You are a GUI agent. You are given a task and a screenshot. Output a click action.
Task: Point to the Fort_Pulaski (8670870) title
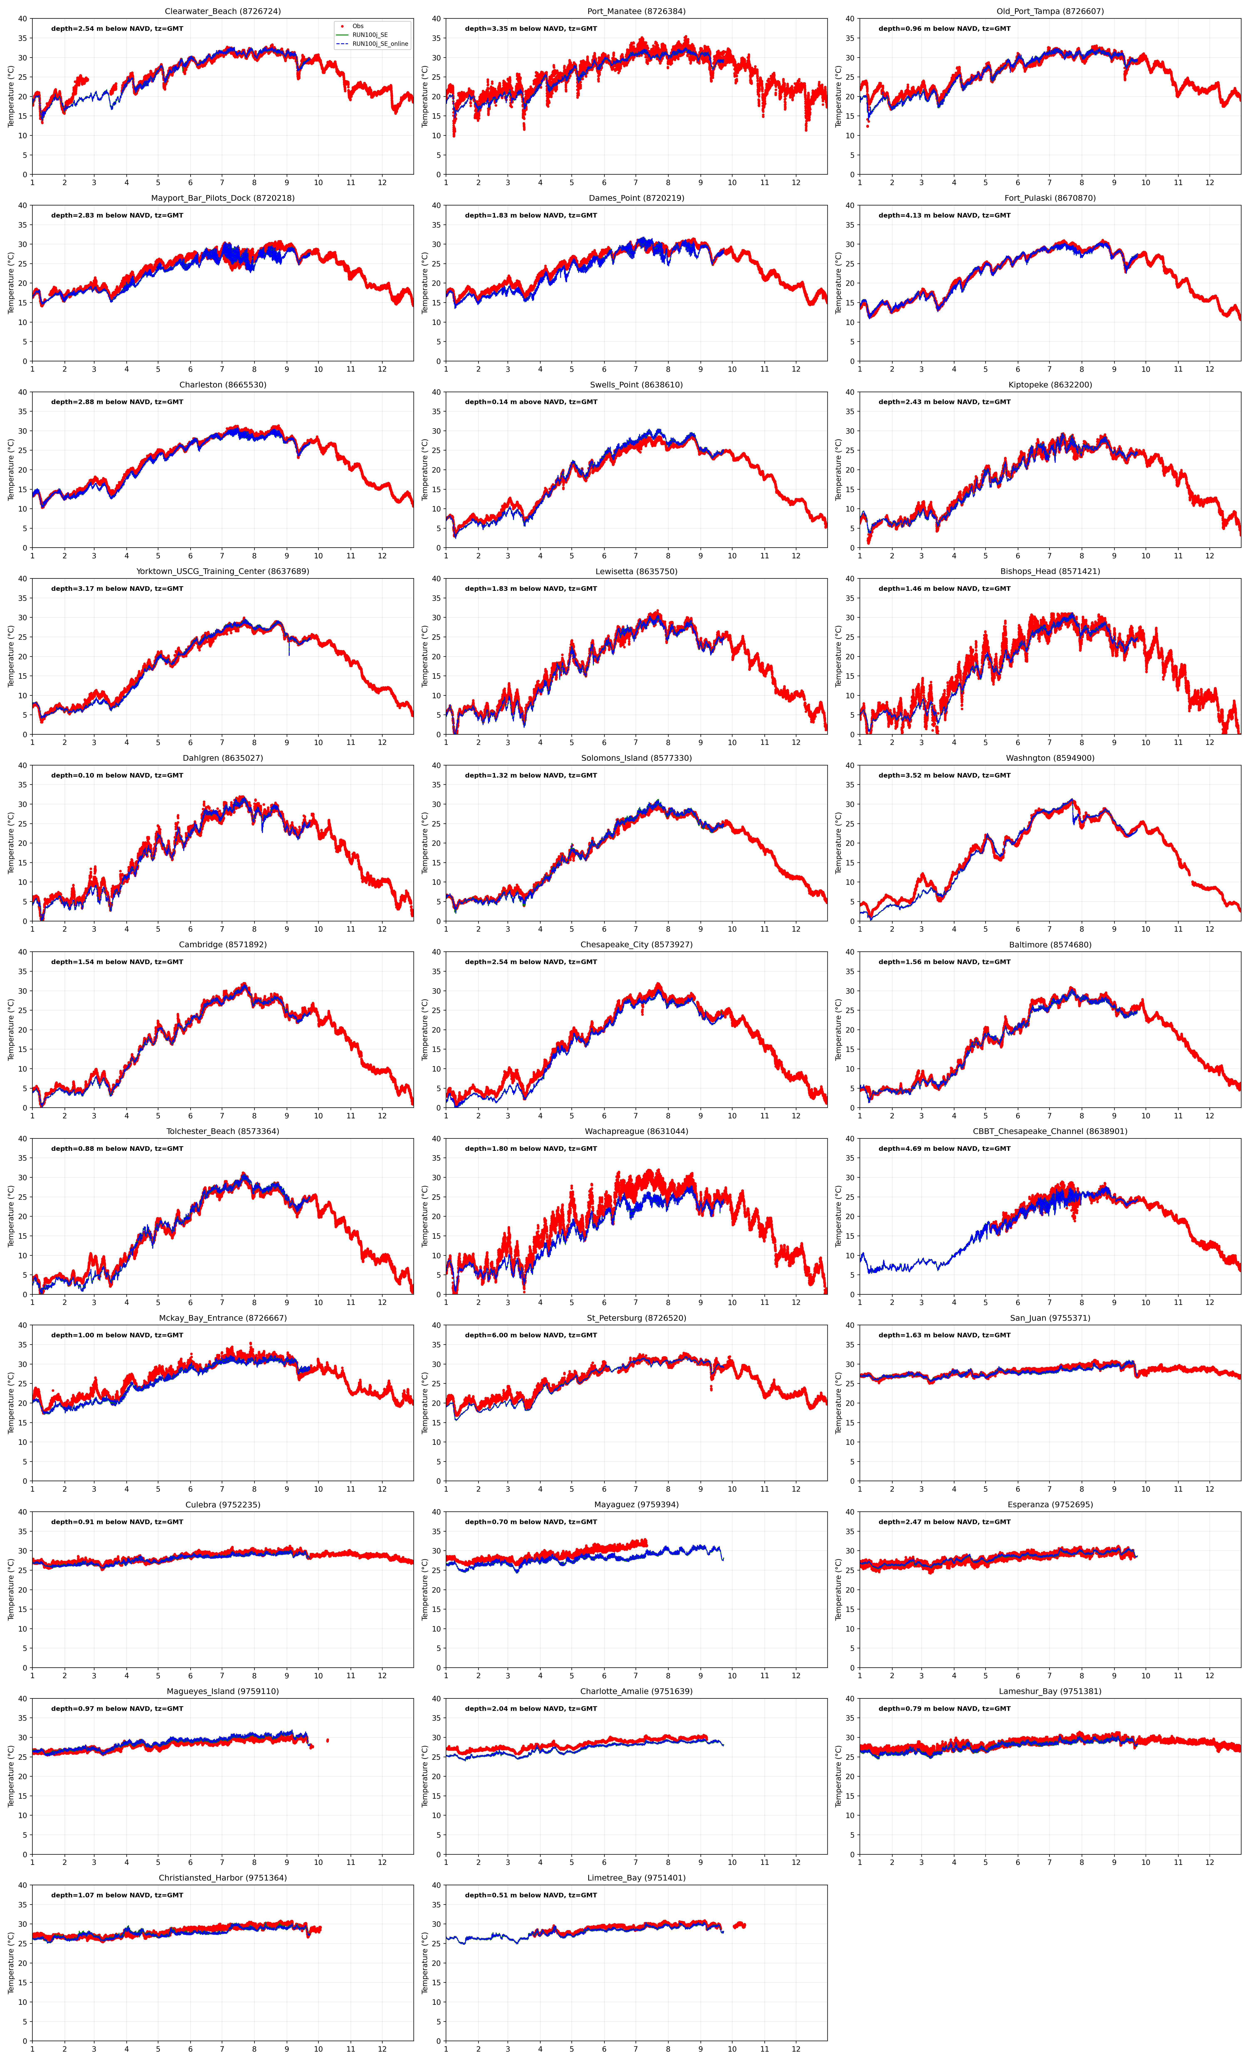click(1050, 198)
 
